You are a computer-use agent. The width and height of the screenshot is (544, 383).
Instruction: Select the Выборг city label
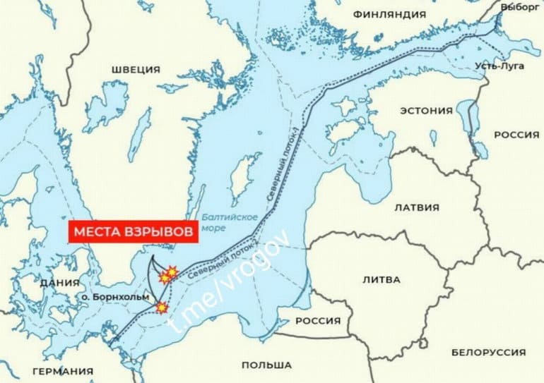point(519,6)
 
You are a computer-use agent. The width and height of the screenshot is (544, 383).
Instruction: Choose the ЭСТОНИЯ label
point(426,111)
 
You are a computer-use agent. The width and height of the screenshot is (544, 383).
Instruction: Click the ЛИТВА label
point(381,279)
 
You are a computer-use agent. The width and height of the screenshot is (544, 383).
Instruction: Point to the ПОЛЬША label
point(266,365)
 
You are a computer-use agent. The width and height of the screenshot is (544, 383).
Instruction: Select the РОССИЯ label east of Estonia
point(516,135)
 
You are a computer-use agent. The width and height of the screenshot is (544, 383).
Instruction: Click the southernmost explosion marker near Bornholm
point(162,308)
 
